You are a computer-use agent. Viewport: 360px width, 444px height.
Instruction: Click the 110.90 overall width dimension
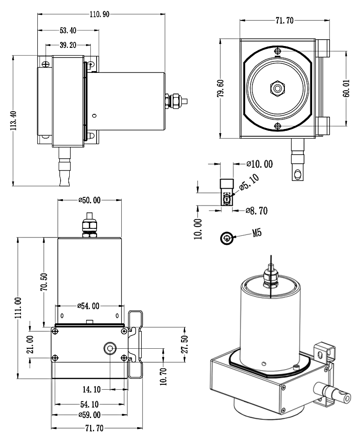click(x=100, y=14)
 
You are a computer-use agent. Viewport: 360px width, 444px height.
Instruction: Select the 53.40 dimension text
click(x=68, y=31)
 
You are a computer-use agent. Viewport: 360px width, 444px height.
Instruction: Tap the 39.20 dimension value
click(x=68, y=46)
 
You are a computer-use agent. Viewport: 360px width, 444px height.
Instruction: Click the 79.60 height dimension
click(x=221, y=88)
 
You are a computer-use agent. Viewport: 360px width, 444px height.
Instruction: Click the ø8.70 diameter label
click(x=257, y=211)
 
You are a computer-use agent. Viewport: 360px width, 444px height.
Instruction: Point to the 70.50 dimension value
click(x=44, y=281)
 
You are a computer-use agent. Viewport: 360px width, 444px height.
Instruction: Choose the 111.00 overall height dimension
click(x=18, y=308)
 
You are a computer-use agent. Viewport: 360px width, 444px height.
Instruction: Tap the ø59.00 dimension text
click(x=89, y=415)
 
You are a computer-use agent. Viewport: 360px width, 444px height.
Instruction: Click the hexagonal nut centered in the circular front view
click(x=278, y=88)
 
